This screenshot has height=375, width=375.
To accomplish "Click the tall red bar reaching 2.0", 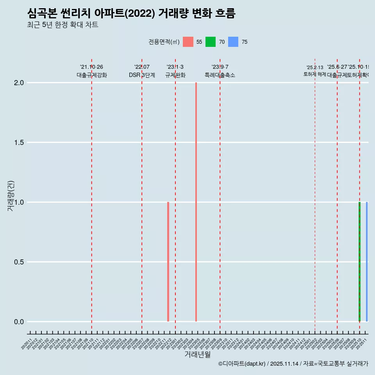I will tap(196, 202).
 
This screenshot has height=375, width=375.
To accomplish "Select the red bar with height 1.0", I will tap(168, 262).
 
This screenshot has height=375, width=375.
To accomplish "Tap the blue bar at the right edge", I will tap(366, 262).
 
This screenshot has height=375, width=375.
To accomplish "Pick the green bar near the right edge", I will tap(359, 262).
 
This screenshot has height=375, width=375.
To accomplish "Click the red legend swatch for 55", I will tap(188, 42).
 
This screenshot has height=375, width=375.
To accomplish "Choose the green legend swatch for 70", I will tap(211, 42).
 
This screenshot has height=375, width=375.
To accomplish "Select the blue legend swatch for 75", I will tap(233, 42).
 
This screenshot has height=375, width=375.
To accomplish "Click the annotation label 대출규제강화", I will tap(91, 75).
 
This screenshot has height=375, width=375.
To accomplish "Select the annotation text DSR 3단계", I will tap(142, 75).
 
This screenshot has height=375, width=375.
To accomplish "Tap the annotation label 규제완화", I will tap(175, 75).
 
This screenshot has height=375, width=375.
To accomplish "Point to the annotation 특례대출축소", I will tap(220, 75).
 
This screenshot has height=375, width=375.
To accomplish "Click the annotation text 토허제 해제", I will tap(314, 74).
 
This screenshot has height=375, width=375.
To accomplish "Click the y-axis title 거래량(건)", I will tap(11, 196).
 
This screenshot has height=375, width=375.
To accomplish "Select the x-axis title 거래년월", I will tap(197, 355).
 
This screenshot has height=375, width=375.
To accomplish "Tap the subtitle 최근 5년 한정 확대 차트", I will tap(62, 25).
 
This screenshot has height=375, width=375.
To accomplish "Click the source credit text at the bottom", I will tap(293, 364).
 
